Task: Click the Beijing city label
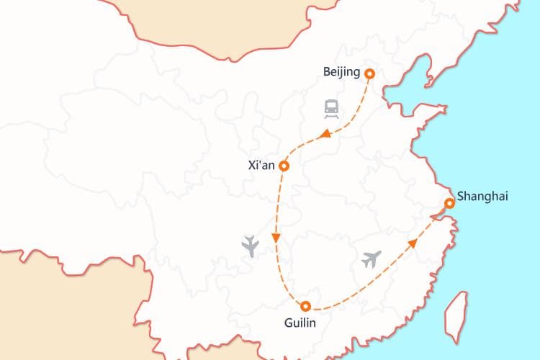342,73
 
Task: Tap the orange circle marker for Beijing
370,73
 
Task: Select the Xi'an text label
261,165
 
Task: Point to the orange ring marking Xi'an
284,166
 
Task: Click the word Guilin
300,323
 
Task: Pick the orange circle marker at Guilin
305,305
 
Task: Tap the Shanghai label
482,197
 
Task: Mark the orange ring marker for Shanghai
449,204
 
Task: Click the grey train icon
331,109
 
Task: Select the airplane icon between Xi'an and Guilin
251,246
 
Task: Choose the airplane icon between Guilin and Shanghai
372,258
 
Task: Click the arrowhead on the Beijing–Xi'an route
325,134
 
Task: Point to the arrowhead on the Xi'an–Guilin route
276,238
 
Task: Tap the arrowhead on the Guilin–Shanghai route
413,243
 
